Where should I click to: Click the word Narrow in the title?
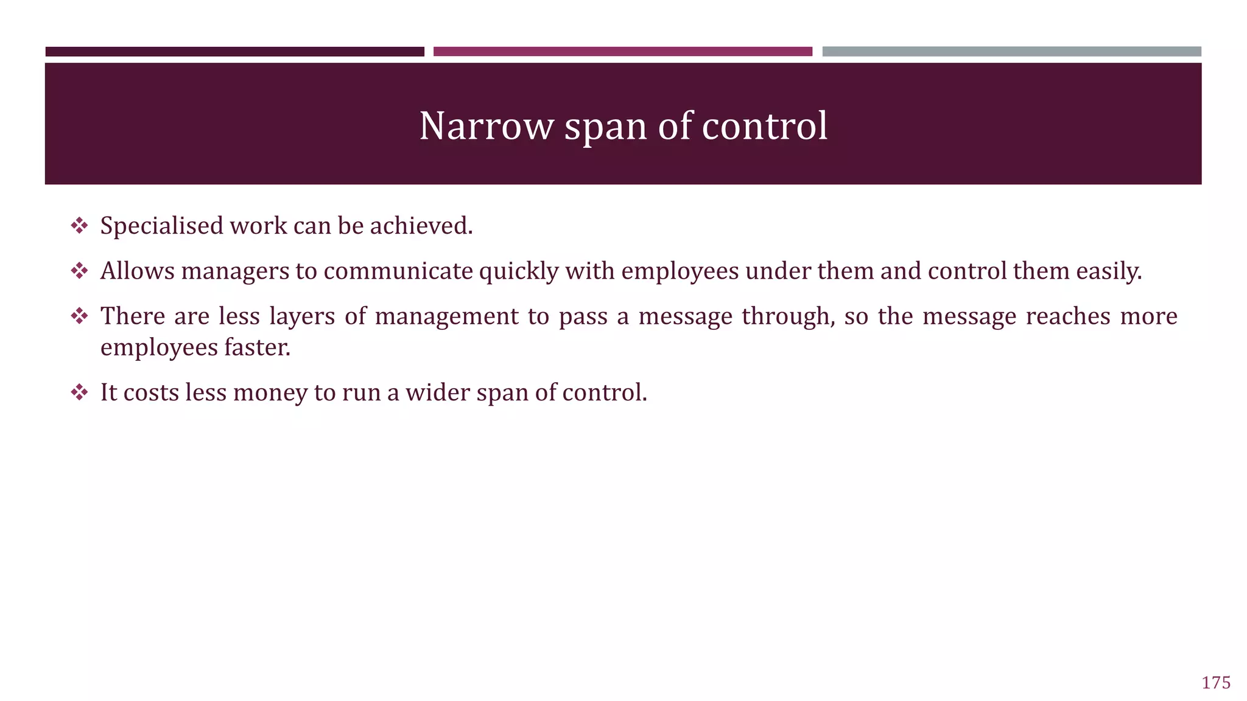click(485, 127)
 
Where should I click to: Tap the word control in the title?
click(765, 127)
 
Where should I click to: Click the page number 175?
click(1216, 683)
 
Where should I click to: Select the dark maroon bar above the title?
click(234, 52)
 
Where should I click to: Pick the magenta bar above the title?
click(622, 52)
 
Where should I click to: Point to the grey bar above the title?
click(1011, 52)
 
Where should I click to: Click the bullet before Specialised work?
click(79, 226)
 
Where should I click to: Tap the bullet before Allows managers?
click(79, 271)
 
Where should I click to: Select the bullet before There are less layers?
click(79, 316)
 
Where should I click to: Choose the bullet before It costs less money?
click(79, 392)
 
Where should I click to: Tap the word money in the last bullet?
click(270, 393)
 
